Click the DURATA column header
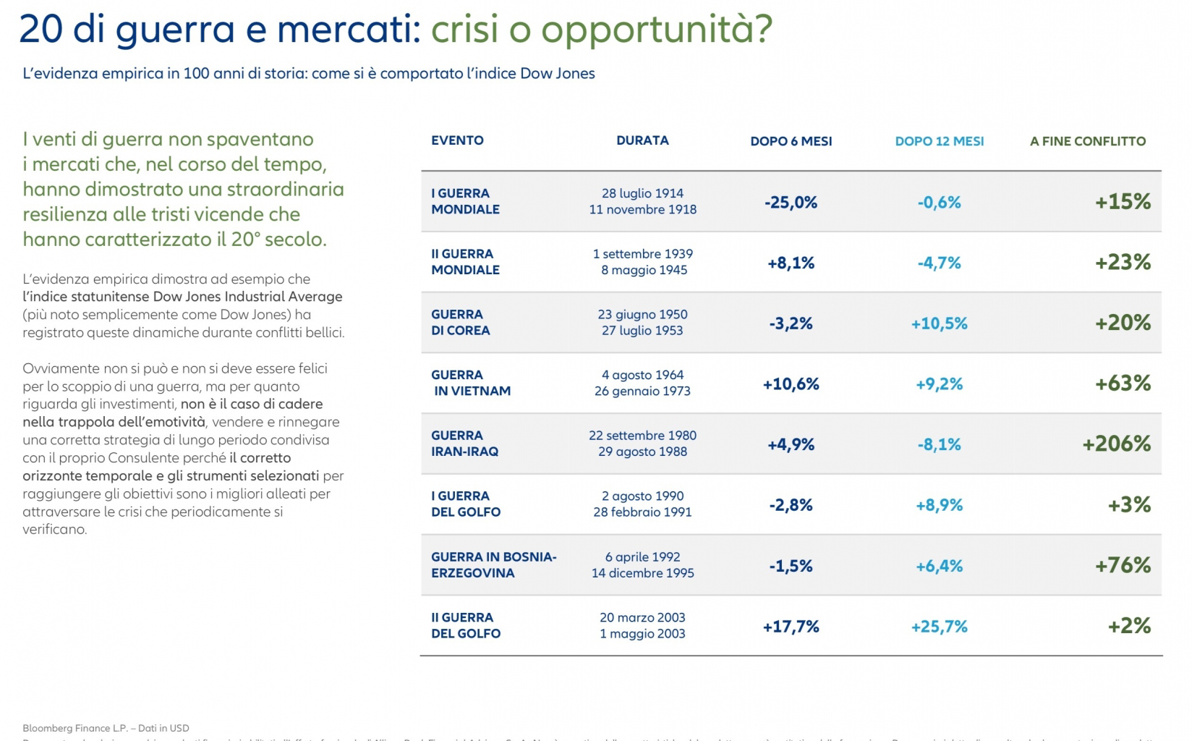[642, 140]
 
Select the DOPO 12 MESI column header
[939, 141]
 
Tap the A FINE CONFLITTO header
[1087, 141]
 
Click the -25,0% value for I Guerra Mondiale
[791, 202]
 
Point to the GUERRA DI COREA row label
[460, 323]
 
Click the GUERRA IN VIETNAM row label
[470, 383]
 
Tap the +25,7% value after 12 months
[939, 627]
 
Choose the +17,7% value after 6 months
[791, 627]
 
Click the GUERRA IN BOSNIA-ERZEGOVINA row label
[493, 565]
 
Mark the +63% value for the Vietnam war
[1122, 383]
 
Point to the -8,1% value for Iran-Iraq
[939, 444]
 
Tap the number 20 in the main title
[43, 29]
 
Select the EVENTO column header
[457, 140]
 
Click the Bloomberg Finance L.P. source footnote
[106, 728]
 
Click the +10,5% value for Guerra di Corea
[939, 323]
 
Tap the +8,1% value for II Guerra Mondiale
[791, 263]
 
